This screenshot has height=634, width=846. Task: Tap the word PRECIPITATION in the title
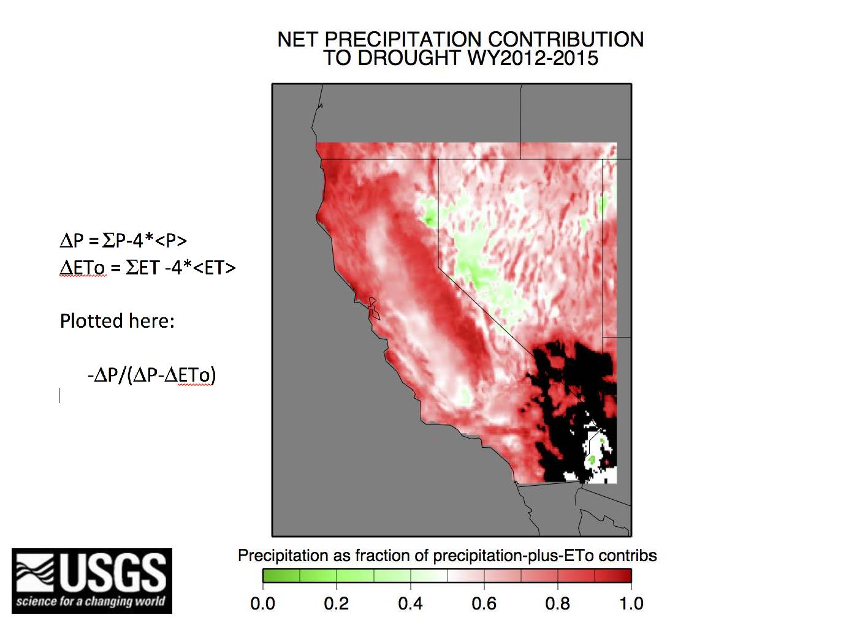click(403, 40)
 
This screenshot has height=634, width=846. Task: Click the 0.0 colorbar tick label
click(262, 603)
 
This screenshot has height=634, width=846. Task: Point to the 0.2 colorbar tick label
click(336, 603)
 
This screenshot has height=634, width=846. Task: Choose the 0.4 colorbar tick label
click(410, 603)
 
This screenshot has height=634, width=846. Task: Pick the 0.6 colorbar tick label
click(484, 603)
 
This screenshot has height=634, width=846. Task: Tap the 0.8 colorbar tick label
click(557, 603)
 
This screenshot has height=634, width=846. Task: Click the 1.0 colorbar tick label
click(631, 603)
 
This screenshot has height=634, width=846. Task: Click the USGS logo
click(92, 581)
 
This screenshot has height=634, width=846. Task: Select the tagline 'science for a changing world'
click(91, 602)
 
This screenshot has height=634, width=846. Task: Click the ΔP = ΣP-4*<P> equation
click(123, 241)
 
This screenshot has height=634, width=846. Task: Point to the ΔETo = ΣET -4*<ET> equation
click(148, 268)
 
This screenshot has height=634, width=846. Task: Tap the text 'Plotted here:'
click(117, 320)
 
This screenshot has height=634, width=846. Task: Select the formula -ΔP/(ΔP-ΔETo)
click(152, 375)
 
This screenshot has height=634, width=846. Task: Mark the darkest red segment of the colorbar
click(613, 575)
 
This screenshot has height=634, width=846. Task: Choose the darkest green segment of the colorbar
click(281, 575)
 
